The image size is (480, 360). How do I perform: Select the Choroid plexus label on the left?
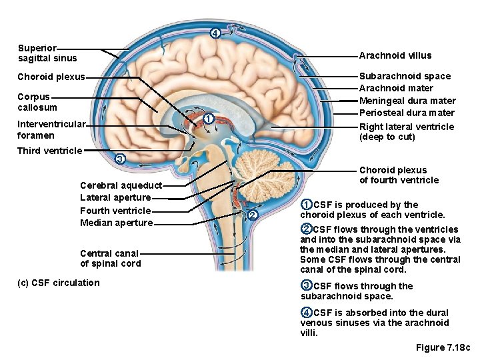[x=51, y=77]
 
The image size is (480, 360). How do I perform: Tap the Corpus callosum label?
[x=37, y=102]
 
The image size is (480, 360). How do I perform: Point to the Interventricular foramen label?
[x=51, y=129]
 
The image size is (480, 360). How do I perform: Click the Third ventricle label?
[x=49, y=151]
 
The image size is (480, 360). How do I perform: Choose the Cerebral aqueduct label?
[x=121, y=185]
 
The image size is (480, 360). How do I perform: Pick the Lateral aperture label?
[x=115, y=197]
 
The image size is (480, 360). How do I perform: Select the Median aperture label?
[x=116, y=223]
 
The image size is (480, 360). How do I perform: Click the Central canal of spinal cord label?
[x=110, y=258]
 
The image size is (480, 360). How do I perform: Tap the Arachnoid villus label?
[x=395, y=55]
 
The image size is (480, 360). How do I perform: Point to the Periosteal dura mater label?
[x=407, y=113]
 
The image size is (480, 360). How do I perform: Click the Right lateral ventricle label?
[x=407, y=131]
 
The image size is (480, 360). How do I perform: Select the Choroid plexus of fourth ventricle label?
[x=399, y=175]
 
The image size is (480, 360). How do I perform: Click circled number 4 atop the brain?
[x=214, y=33]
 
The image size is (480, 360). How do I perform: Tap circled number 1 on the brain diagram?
[x=209, y=119]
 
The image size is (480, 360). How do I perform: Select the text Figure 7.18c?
[x=443, y=347]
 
